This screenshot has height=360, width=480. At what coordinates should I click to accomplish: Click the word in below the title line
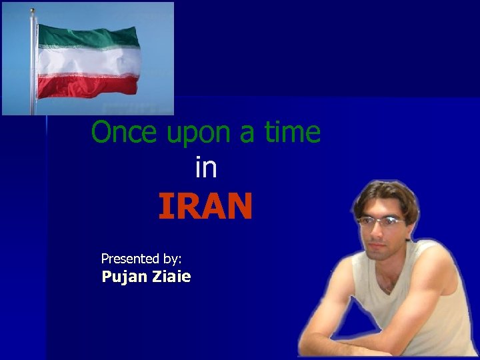206,167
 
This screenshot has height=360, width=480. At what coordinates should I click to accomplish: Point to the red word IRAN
205,207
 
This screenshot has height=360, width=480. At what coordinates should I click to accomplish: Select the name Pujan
124,277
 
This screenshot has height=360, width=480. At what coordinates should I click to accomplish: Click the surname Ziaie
172,277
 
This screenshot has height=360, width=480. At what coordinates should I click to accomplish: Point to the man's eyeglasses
381,221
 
